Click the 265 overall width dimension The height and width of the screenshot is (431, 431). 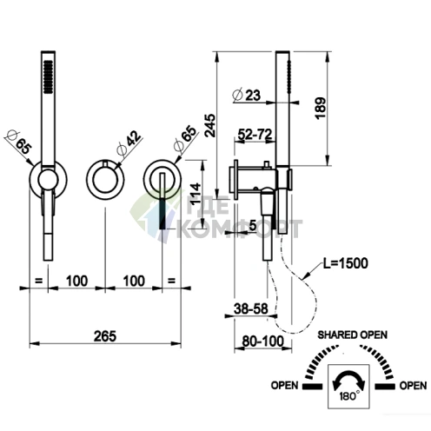(105, 336)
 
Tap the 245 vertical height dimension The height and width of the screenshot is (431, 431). (210, 125)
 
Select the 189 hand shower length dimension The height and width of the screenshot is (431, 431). (321, 108)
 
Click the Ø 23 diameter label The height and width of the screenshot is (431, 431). (247, 95)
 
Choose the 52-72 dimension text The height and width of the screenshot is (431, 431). (255, 134)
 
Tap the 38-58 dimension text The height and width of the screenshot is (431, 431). (251, 308)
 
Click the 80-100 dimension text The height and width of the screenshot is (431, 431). (263, 341)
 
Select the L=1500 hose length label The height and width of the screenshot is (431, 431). (346, 263)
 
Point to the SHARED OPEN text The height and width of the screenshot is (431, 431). (353, 335)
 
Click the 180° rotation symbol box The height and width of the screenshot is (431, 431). (348, 387)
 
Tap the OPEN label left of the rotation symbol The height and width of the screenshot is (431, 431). (284, 386)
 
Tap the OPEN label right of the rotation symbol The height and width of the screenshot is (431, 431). (413, 386)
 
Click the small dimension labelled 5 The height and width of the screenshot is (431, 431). (253, 225)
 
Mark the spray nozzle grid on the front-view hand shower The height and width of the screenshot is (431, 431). (48, 77)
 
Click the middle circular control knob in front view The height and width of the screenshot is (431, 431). (105, 180)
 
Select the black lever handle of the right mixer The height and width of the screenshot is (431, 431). (162, 214)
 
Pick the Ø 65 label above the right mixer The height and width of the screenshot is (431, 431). (186, 138)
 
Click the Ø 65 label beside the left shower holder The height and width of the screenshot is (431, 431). (18, 143)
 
